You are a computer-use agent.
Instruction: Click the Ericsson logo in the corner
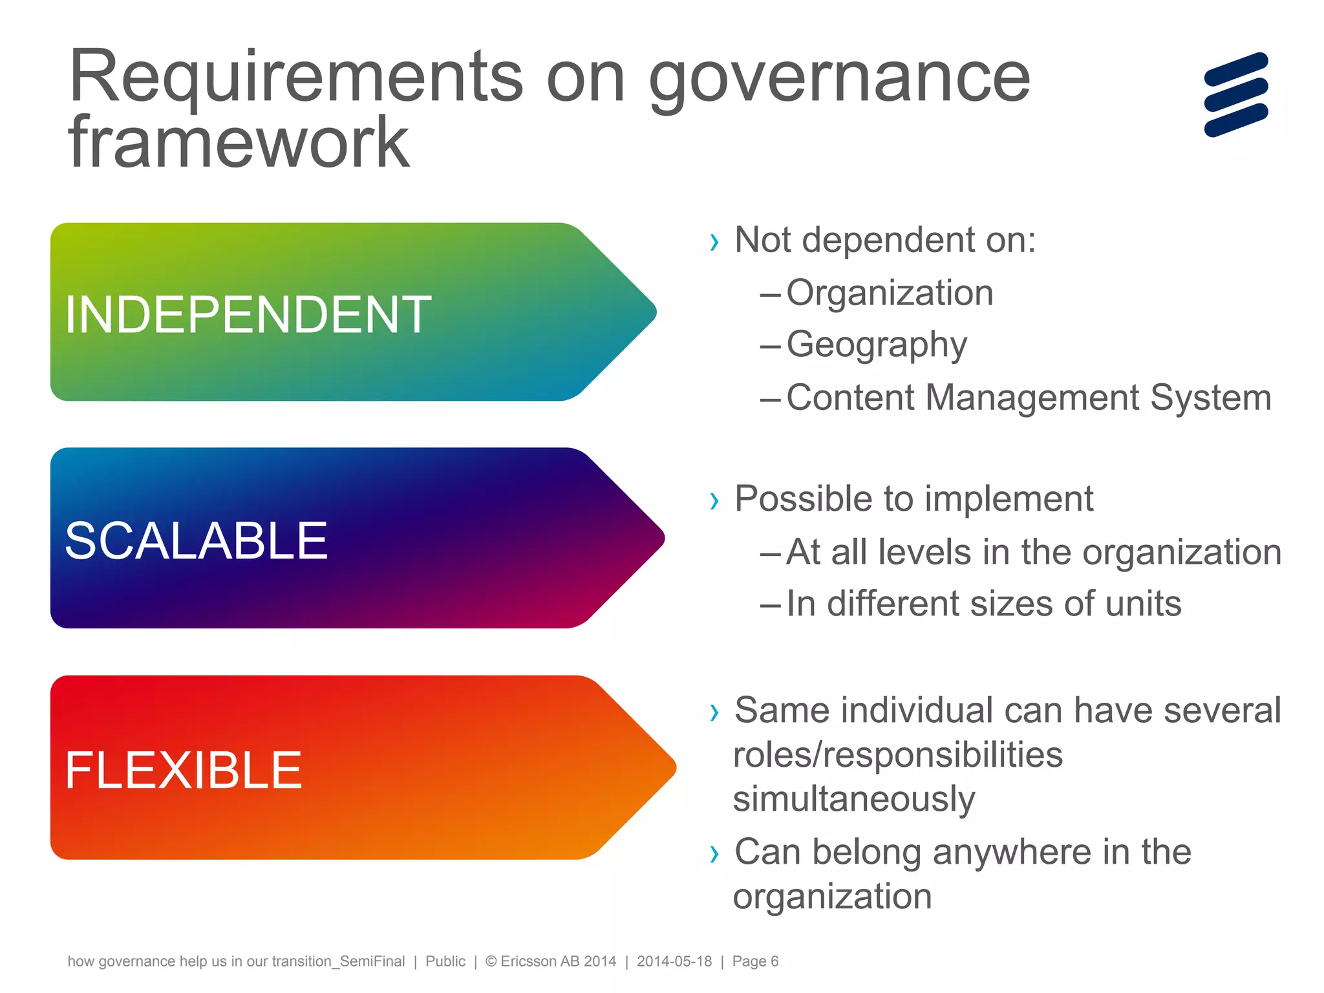point(1236,94)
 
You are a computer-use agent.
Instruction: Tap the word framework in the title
point(239,144)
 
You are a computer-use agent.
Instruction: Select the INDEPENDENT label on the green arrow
point(248,315)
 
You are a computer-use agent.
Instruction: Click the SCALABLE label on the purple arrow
point(197,540)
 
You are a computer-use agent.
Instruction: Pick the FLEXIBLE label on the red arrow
point(184,770)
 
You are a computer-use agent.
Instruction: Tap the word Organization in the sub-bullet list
point(890,293)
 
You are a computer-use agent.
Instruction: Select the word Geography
point(877,345)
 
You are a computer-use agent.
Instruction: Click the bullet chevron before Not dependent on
point(714,242)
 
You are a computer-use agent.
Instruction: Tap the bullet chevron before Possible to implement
point(714,501)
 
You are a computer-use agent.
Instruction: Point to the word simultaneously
point(854,800)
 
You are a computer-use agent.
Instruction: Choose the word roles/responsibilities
point(898,754)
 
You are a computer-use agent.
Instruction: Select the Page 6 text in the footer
point(755,961)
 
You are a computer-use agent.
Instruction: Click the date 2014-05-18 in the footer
point(674,961)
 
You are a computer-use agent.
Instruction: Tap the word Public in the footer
point(445,961)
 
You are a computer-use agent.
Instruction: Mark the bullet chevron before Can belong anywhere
point(714,854)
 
